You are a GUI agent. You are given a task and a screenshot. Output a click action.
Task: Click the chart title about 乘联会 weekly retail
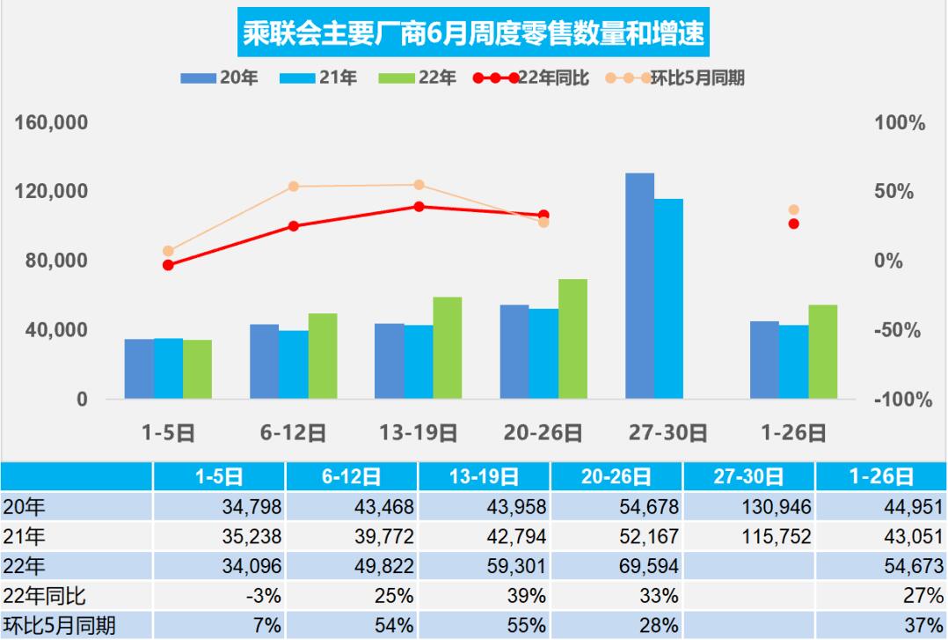[x=474, y=34]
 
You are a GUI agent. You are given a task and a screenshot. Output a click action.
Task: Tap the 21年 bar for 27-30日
[x=668, y=299]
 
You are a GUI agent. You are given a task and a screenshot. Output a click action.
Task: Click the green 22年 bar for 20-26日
[x=572, y=339]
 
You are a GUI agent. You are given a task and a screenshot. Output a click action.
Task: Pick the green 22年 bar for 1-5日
[x=198, y=370]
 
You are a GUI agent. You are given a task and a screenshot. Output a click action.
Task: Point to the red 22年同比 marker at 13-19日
[x=419, y=207]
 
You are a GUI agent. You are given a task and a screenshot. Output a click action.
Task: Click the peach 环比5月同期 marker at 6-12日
[x=294, y=187]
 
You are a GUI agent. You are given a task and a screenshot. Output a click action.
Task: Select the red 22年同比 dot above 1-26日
[x=794, y=224]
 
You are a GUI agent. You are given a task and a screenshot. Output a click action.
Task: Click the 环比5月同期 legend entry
[x=677, y=78]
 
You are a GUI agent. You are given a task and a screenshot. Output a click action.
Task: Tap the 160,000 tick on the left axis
[x=53, y=123]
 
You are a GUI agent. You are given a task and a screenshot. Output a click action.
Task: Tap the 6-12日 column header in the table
[x=351, y=477]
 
